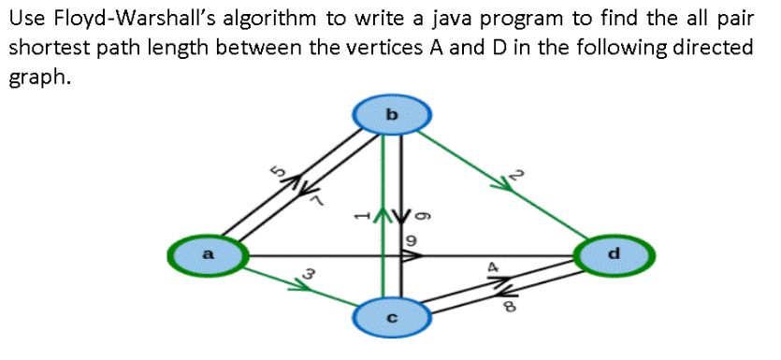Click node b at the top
392,115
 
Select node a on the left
209,253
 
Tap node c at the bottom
392,319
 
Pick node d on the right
613,253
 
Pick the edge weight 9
411,241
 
